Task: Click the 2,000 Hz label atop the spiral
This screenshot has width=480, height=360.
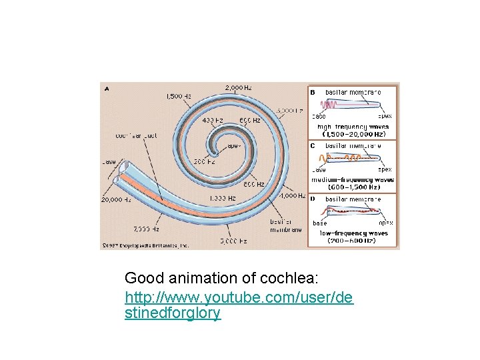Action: [x=237, y=88]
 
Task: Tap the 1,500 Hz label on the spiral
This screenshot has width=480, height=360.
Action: [x=178, y=96]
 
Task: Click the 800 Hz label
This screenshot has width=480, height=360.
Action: [x=253, y=184]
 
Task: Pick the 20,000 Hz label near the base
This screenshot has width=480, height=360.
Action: [x=115, y=199]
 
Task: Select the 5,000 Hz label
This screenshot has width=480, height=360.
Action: [x=234, y=241]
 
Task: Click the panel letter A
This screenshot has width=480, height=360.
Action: [x=107, y=87]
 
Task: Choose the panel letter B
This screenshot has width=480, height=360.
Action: [x=313, y=91]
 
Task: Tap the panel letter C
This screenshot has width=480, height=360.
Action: [x=313, y=145]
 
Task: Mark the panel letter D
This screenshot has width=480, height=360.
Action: [x=313, y=199]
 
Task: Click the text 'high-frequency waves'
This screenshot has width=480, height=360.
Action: [x=353, y=126]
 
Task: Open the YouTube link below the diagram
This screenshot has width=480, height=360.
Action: [x=239, y=295]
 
